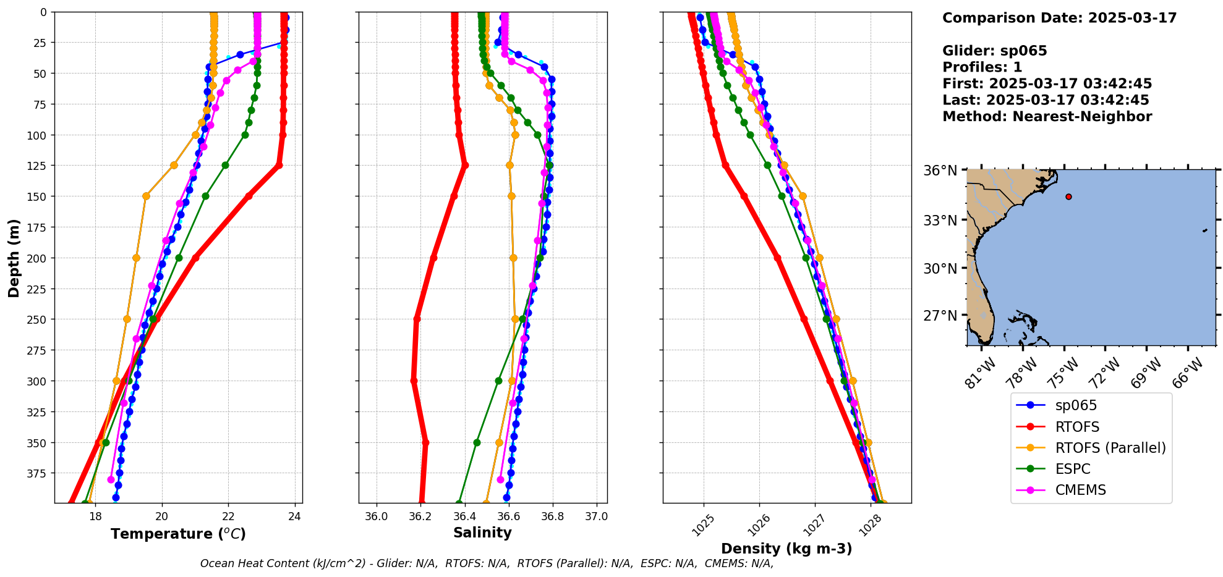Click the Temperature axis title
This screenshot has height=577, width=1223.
178,534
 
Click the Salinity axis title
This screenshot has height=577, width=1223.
482,533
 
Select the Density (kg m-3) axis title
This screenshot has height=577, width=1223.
786,549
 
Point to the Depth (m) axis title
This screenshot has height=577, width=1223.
14,258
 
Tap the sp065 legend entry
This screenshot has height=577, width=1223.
1075,405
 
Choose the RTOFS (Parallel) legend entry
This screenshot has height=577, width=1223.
1110,448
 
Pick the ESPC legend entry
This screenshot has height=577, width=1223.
1072,469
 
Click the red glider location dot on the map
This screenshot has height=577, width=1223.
1068,196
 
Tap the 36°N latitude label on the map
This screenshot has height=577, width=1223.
940,171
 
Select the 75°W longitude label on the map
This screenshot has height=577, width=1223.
1065,373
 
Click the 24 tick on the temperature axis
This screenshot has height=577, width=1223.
295,516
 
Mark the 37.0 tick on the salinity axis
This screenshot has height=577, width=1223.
596,516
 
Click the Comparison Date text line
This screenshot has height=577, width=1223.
1059,18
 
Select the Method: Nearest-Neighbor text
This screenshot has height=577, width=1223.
1047,117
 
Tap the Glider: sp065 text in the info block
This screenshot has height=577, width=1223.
994,51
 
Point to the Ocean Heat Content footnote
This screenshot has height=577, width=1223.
487,563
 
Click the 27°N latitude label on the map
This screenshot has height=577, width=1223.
940,316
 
